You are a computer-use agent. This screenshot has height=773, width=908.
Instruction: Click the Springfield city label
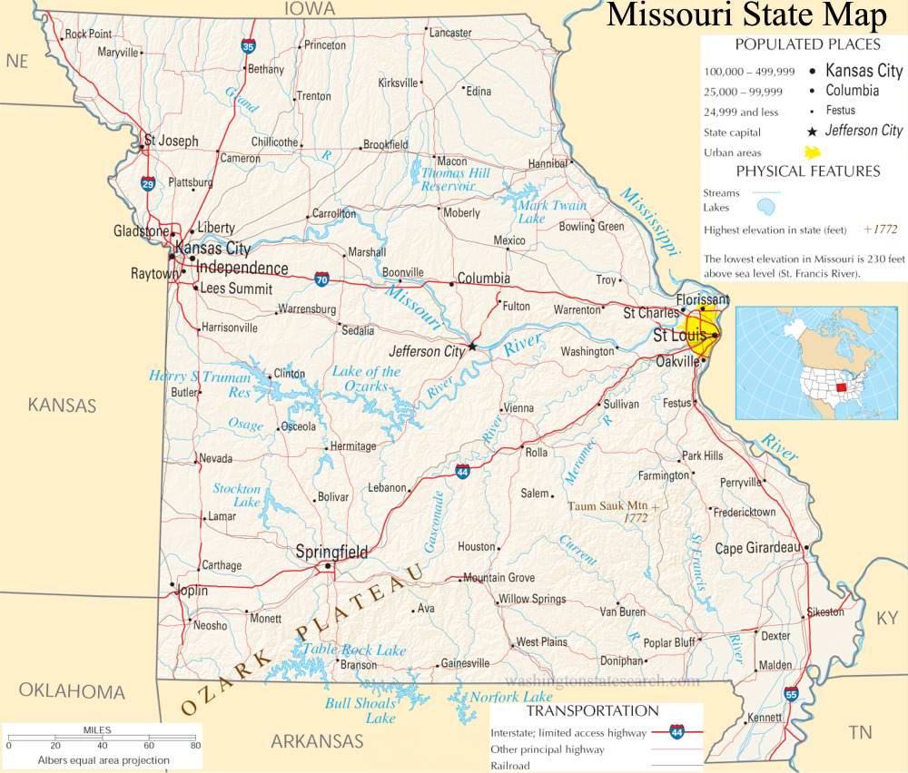332,552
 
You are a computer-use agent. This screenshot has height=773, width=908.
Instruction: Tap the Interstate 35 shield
248,45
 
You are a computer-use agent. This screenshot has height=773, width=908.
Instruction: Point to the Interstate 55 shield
792,694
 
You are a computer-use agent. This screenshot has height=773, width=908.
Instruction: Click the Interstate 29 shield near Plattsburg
148,184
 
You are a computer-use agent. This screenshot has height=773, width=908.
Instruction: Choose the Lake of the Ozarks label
366,378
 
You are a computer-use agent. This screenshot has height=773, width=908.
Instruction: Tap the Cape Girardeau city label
756,548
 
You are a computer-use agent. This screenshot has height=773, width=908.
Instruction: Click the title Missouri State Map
745,15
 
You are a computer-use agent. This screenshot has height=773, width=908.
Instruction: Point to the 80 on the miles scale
194,746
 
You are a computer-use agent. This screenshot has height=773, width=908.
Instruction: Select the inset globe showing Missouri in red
820,363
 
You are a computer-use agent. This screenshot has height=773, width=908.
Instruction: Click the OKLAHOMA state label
72,692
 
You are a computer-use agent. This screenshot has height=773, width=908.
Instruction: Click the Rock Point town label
88,34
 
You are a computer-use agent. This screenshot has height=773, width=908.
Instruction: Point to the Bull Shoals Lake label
361,710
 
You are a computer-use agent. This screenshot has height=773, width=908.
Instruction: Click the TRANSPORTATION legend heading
593,710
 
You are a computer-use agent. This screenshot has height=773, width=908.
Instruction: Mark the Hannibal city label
548,163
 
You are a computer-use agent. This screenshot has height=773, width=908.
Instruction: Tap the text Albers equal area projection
103,760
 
